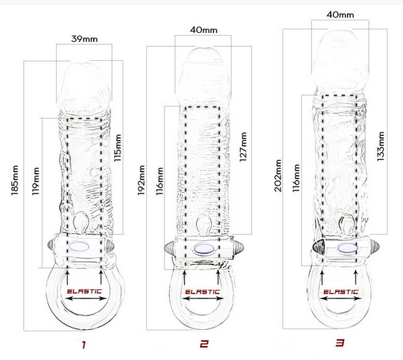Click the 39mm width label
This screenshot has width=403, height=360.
85,39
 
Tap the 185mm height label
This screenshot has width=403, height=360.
15,180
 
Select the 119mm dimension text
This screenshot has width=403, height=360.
36,181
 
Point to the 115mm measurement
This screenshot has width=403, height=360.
118,148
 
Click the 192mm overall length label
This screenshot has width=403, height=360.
141,180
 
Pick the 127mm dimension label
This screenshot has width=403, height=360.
243,147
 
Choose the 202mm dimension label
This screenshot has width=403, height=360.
278,176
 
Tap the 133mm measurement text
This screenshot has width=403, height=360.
381,146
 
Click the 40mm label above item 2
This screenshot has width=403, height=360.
204,30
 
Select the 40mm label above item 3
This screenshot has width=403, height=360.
340,15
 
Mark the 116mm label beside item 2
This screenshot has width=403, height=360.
160,181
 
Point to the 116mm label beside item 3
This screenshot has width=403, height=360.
296,178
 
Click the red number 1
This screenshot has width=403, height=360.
84,345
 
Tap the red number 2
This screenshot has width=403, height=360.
204,344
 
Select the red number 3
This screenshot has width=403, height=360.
340,342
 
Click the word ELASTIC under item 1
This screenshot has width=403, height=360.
84,291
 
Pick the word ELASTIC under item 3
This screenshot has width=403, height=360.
341,292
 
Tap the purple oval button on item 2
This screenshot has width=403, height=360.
204,249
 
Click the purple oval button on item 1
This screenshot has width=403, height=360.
79,247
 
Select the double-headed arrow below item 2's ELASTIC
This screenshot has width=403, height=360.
203,299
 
